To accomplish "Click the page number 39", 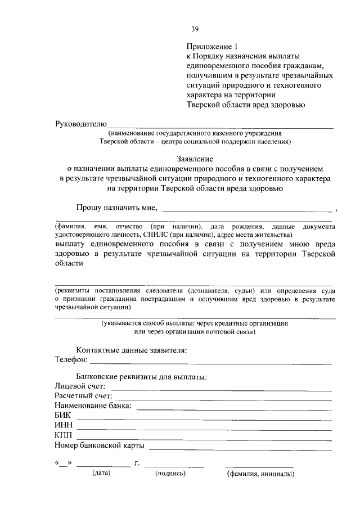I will pos(195,30).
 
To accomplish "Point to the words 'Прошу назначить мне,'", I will pos(116,208).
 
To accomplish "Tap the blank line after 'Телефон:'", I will pos(211,361).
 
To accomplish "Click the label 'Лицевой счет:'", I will pos(82,387).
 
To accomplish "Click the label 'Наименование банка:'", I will pos(93,406).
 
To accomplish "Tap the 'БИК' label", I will pos(63,416).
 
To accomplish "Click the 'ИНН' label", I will pos(64,426).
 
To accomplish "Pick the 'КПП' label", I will pos(64,436).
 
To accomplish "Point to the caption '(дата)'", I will pos(101,474).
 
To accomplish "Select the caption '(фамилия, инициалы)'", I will pos(260,474).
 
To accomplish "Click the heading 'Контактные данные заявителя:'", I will pos(132,350).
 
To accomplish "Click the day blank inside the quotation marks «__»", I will pos(64,463).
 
